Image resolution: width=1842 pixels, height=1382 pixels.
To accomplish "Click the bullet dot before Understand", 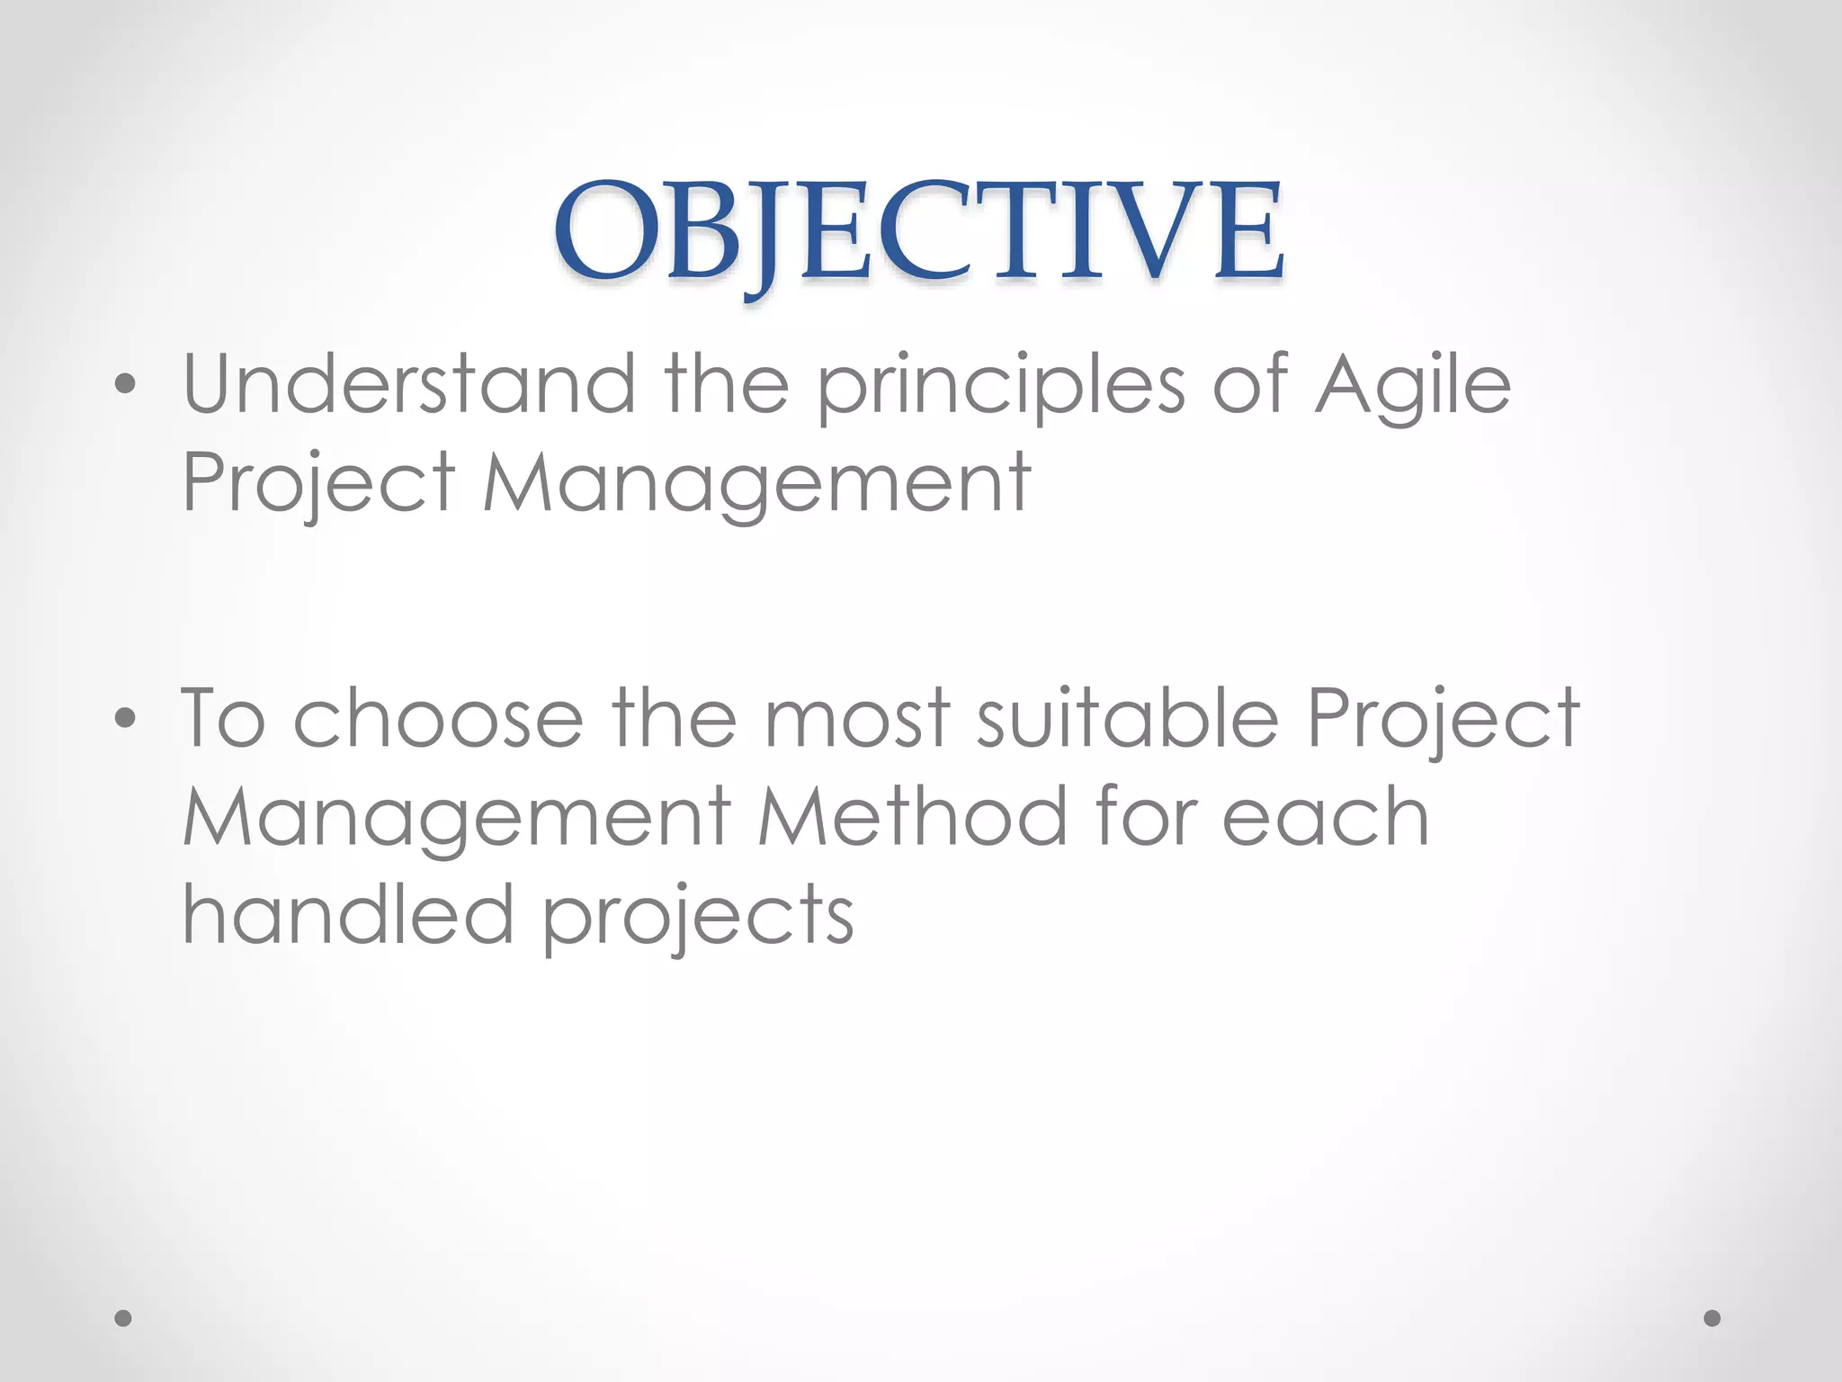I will tap(126, 385).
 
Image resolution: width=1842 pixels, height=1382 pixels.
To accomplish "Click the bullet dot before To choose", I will tap(126, 718).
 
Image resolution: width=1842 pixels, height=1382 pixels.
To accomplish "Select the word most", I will tap(857, 718).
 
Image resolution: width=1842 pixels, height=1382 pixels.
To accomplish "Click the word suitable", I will tap(1127, 718).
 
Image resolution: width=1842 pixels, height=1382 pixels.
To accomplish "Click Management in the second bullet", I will tap(456, 817).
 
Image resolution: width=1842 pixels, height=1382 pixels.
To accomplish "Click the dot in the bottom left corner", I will tap(123, 1318).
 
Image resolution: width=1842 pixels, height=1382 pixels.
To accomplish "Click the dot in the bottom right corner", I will tap(1712, 1318).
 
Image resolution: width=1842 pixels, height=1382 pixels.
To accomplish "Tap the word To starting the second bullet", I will tap(224, 718).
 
